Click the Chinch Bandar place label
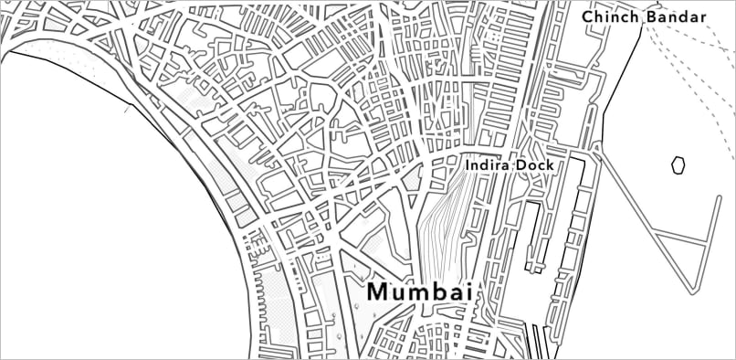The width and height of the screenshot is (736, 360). pos(645,17)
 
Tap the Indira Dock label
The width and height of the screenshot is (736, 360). pos(510,165)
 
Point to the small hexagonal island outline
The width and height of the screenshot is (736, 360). pos(678,164)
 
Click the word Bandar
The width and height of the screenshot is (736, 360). pos(677,17)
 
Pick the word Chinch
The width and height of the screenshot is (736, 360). pos(611,17)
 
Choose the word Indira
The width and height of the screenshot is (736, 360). pos(488,165)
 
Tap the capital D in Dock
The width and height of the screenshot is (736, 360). pos(522,165)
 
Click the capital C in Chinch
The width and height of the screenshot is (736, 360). pos(588,17)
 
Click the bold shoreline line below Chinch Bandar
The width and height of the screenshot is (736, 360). pos(622,82)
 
